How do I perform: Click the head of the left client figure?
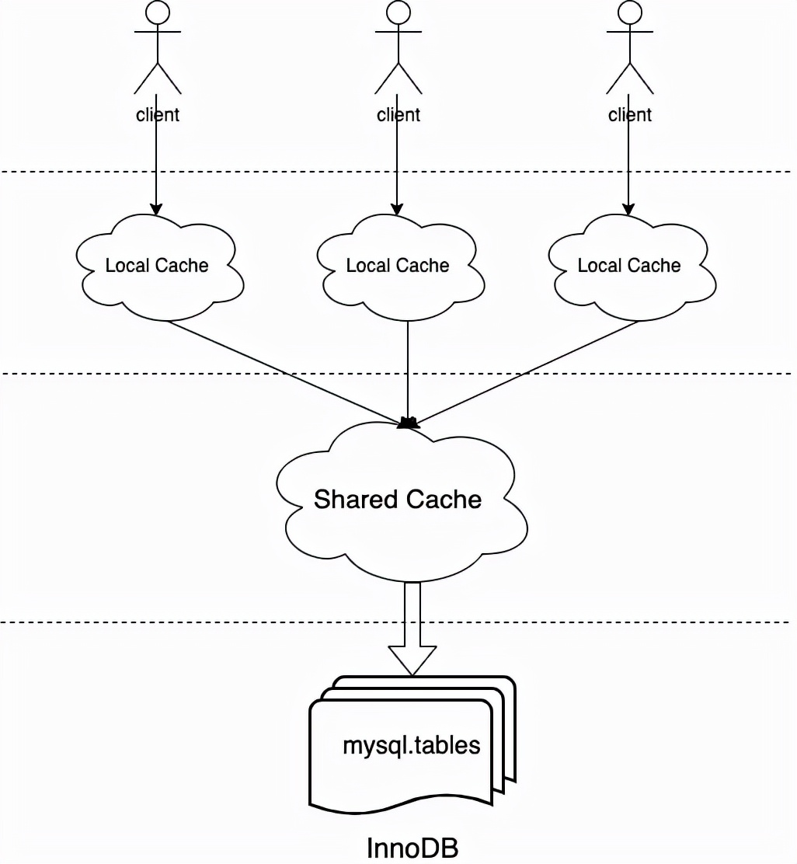[x=158, y=12]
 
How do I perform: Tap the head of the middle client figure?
[x=398, y=12]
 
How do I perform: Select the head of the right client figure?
[x=629, y=12]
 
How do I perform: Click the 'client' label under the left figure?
[x=158, y=115]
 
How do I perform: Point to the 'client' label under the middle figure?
[x=398, y=115]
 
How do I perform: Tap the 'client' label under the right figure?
[x=629, y=115]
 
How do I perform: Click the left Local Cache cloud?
[x=158, y=266]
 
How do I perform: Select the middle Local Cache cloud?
[x=398, y=266]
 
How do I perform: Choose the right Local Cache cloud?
[x=629, y=266]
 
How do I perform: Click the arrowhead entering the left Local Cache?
[x=156, y=209]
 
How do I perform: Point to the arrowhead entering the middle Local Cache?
[x=397, y=209]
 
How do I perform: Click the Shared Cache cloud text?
[x=398, y=499]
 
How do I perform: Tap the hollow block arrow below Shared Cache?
[x=412, y=629]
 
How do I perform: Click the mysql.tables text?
[x=412, y=746]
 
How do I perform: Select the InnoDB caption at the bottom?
[x=412, y=847]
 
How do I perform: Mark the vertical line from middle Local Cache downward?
[x=409, y=365]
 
